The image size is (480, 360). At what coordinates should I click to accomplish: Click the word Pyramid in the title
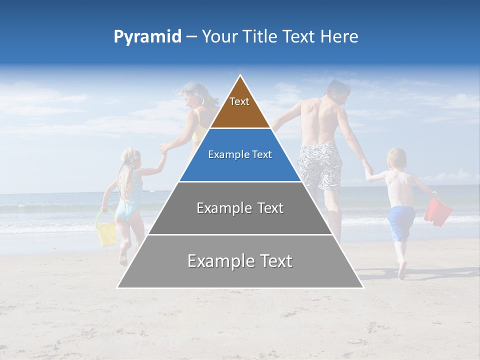(x=147, y=37)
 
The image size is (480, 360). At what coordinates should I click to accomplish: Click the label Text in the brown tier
(x=239, y=101)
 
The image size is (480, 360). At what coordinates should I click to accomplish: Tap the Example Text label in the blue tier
(x=240, y=154)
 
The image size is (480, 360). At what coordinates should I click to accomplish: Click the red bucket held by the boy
(x=437, y=212)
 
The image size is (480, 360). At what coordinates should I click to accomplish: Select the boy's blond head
(x=396, y=158)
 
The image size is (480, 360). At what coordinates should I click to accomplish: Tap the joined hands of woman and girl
(x=163, y=149)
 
